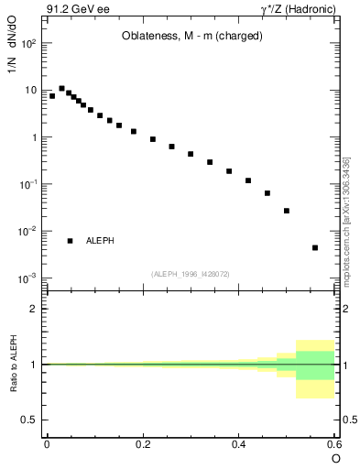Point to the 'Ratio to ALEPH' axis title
click(13, 364)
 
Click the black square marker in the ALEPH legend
click(71, 241)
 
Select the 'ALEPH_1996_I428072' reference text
click(191, 273)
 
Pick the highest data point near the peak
click(61, 89)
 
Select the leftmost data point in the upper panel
click(52, 95)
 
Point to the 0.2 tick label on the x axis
click(142, 445)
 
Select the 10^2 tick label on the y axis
click(29, 43)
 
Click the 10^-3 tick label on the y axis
click(29, 278)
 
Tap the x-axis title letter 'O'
click(335, 458)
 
